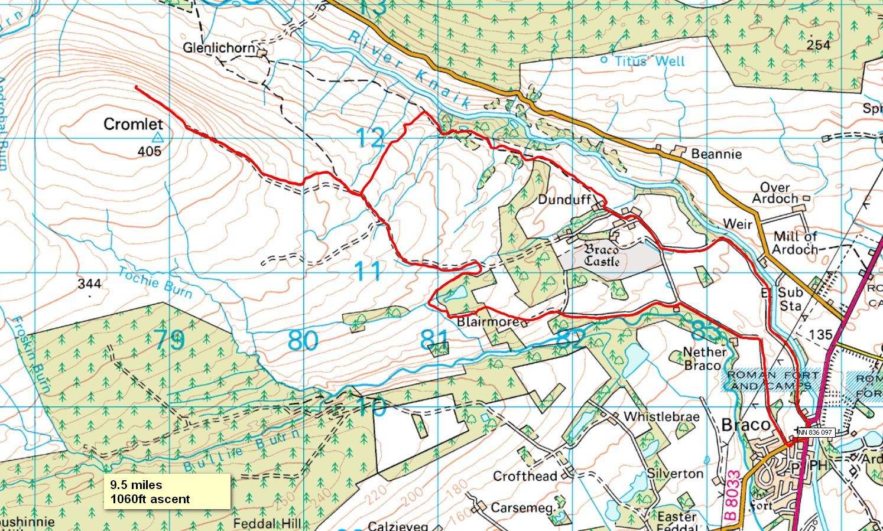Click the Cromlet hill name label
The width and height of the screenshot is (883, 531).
point(133,124)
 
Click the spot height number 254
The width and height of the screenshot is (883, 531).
point(818,45)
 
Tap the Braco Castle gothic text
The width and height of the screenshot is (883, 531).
point(602,255)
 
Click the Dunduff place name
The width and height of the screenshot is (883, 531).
point(564,200)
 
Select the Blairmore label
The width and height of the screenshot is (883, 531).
point(488,322)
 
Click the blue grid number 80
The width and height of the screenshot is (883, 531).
point(303,341)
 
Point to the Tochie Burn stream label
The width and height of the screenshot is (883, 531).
point(155,282)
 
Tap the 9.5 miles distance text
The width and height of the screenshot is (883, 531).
point(136,485)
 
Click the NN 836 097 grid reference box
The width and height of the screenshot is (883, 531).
point(815,432)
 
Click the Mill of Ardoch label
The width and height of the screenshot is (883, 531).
point(795,243)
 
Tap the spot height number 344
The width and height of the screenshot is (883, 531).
point(89,284)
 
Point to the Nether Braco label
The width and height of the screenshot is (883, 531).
point(705,358)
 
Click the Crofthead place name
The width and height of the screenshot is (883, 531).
point(525,476)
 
